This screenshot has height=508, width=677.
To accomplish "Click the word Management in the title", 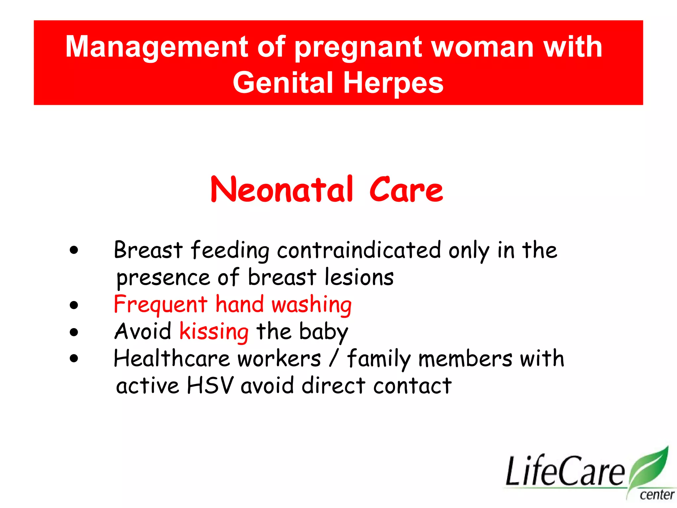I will (157, 47).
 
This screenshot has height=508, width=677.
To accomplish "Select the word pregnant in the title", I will (358, 47).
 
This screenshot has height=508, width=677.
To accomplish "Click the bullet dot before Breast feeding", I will (74, 250).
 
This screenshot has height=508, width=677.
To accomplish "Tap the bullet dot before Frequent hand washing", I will (74, 305).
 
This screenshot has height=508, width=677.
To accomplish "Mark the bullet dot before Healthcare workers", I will (74, 359).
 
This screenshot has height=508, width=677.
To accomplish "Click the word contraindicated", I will (359, 250).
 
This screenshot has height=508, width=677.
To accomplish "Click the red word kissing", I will (214, 331).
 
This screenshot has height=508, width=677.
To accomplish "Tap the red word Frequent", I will (160, 305).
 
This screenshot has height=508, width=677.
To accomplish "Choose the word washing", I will (311, 305).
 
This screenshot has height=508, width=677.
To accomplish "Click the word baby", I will (323, 331).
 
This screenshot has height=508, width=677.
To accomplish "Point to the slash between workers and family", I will (334, 359).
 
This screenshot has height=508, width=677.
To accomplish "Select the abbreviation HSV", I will (210, 386).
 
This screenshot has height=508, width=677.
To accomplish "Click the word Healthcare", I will (172, 359).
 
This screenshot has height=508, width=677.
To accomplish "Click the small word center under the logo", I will (657, 495).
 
